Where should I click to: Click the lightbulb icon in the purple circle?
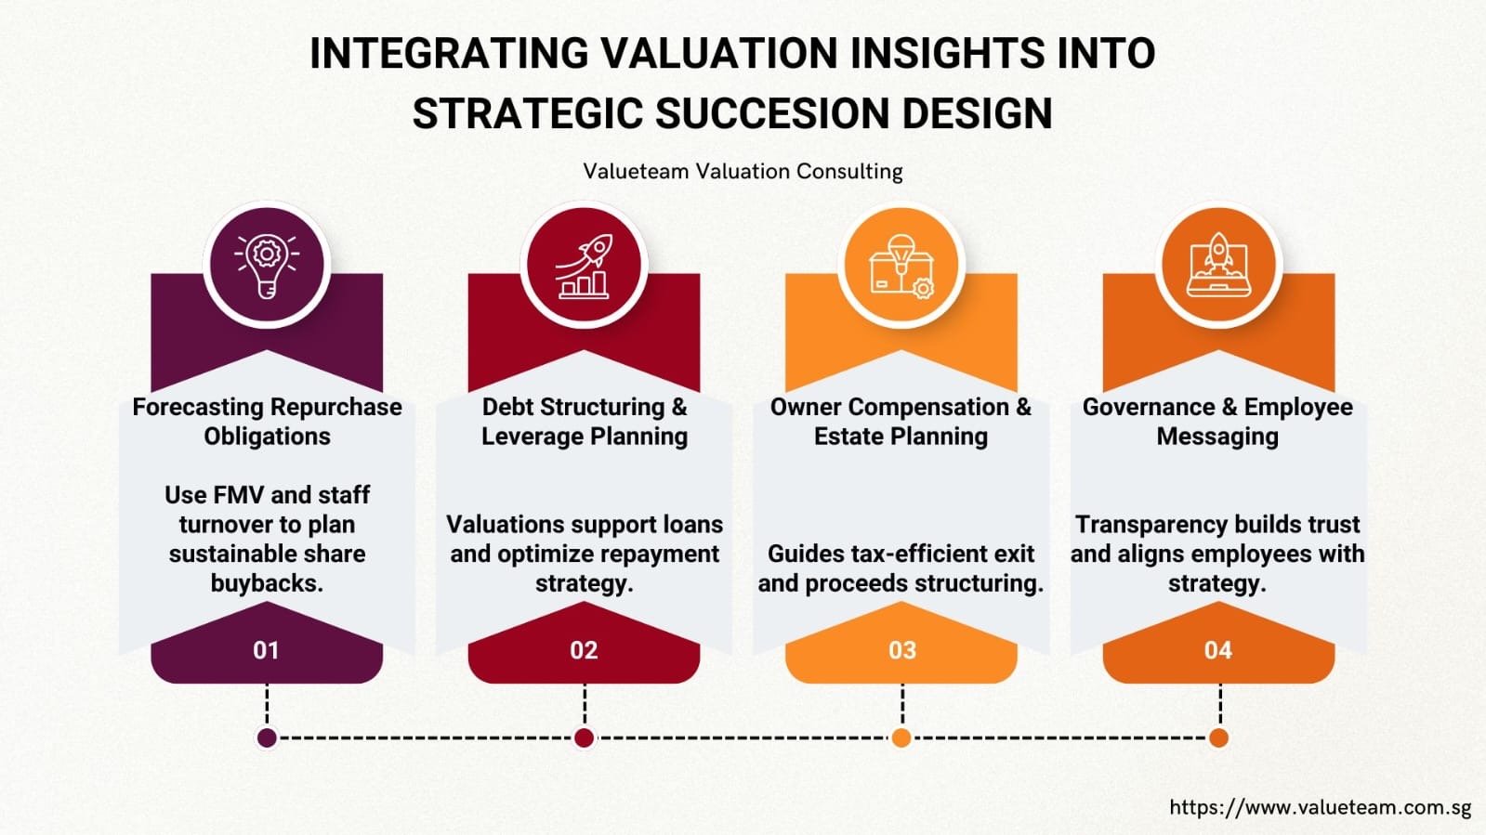tap(267, 266)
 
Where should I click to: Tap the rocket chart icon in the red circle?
tap(584, 266)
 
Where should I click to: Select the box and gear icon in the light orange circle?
tap(901, 266)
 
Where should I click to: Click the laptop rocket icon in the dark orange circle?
tap(1218, 266)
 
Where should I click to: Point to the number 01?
tap(267, 650)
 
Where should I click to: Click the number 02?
tap(584, 650)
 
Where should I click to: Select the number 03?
tap(901, 650)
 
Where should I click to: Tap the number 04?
tap(1218, 650)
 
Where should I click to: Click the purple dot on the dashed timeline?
tap(267, 737)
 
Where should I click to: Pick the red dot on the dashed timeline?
tap(584, 737)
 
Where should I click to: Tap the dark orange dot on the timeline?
tap(1218, 737)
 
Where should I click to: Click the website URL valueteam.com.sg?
tap(1320, 807)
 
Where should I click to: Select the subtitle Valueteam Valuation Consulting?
tap(743, 172)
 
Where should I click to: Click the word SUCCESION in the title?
tap(772, 114)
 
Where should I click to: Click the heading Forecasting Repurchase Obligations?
tap(267, 421)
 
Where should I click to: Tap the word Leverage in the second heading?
tap(532, 437)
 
